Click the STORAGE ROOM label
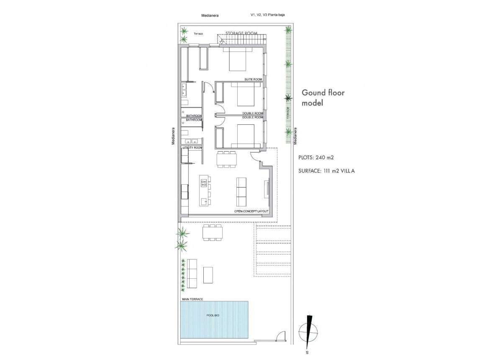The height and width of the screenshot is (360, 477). coord(241,33)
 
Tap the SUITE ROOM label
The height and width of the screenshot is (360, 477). coord(254,80)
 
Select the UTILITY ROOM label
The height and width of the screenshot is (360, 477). coord(192,148)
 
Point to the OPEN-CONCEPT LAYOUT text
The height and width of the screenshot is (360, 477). coord(251,211)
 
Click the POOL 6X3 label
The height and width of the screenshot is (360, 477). coord(213,315)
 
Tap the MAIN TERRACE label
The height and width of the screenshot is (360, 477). coord(192,299)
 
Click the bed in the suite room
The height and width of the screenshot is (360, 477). coord(237,59)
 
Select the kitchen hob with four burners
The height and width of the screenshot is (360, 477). coord(204,183)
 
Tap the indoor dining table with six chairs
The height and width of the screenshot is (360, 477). coord(227,159)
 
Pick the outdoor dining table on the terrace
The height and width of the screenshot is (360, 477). coord(213,232)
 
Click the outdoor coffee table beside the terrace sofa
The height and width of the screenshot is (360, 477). coord(208,275)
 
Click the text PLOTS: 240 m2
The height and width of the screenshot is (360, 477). coord(316,158)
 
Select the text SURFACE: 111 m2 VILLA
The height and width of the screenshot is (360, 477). coord(327,171)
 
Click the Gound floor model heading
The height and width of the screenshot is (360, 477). coord(323,98)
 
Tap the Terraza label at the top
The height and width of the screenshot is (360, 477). coord(198,33)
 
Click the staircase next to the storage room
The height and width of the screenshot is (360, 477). coord(242,40)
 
